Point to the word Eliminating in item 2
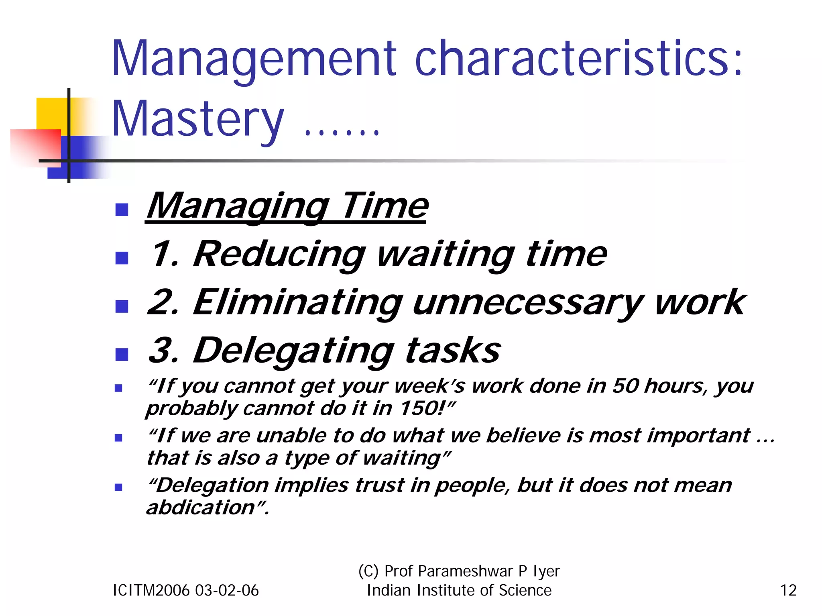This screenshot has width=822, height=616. tap(297, 303)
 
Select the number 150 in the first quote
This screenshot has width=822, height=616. tap(421, 408)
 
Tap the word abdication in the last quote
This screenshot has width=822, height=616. tap(201, 508)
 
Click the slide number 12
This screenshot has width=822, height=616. tap(788, 591)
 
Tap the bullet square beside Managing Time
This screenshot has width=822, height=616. tap(122, 210)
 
